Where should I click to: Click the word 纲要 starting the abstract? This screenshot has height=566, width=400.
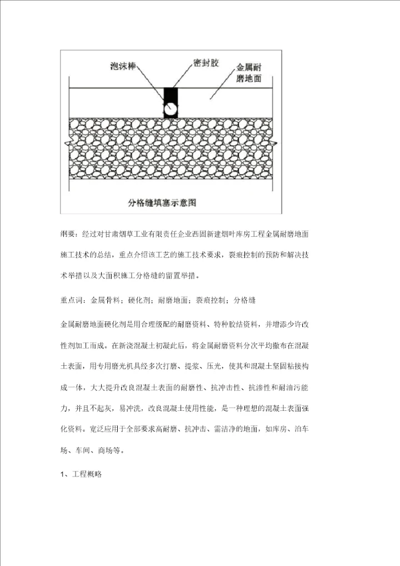click(69, 234)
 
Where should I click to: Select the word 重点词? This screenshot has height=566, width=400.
click(72, 300)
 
